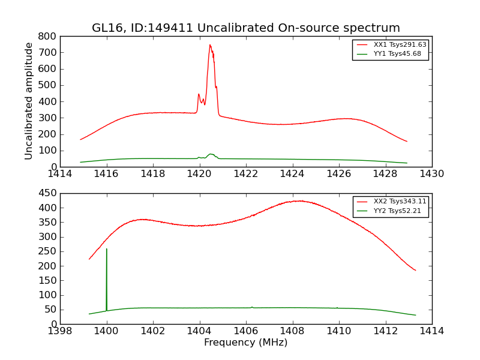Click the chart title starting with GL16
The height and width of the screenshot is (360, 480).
pos(245,28)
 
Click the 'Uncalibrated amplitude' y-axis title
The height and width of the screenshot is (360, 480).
pos(29,101)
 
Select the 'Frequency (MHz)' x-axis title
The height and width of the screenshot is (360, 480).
pos(245,343)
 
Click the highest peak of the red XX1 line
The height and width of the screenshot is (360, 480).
pos(210,45)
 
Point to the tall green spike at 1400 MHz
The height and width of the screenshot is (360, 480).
pos(107,249)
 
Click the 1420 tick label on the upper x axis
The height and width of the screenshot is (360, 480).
pos(199,174)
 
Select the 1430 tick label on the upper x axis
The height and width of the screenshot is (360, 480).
pos(431,174)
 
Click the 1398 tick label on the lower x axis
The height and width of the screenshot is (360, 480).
pos(60,331)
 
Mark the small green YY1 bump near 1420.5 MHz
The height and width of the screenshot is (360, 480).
pos(211,154)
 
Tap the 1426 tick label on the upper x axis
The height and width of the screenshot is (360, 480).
pos(338,174)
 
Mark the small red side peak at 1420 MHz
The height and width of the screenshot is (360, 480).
pos(199,94)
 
